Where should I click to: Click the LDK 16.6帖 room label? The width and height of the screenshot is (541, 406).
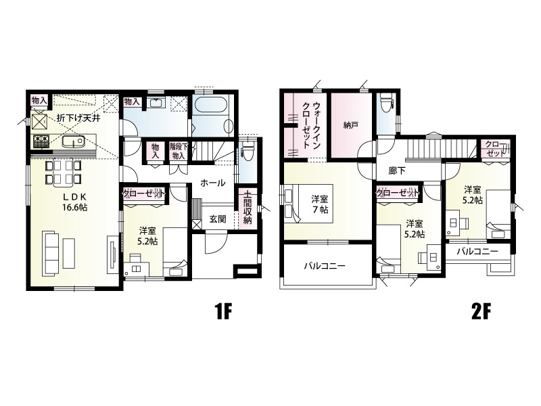[x=74, y=202]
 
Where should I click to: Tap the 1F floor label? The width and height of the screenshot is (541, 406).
[x=224, y=313]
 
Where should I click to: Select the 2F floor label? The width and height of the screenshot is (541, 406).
[x=481, y=313]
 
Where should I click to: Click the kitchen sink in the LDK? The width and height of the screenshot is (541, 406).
[x=73, y=141]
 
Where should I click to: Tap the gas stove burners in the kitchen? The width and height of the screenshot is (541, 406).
[x=42, y=141]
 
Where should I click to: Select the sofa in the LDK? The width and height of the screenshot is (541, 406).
[x=50, y=253]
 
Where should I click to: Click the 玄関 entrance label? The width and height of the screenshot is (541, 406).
[x=218, y=219]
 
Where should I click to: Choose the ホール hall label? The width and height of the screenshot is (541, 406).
[x=213, y=183]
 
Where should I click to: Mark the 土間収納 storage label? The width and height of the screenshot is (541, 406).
[x=247, y=207]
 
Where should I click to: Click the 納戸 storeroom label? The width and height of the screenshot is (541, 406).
[x=350, y=125]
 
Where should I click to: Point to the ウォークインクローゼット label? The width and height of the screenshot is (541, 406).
[x=310, y=125]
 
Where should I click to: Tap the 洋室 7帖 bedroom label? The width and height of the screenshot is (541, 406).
[x=320, y=204]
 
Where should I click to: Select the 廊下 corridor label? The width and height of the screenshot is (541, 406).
[x=397, y=171]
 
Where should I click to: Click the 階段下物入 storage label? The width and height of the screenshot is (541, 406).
[x=179, y=151]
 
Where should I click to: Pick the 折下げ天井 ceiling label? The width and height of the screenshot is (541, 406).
[x=78, y=118]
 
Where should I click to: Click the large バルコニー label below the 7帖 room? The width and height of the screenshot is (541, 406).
[x=325, y=266]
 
